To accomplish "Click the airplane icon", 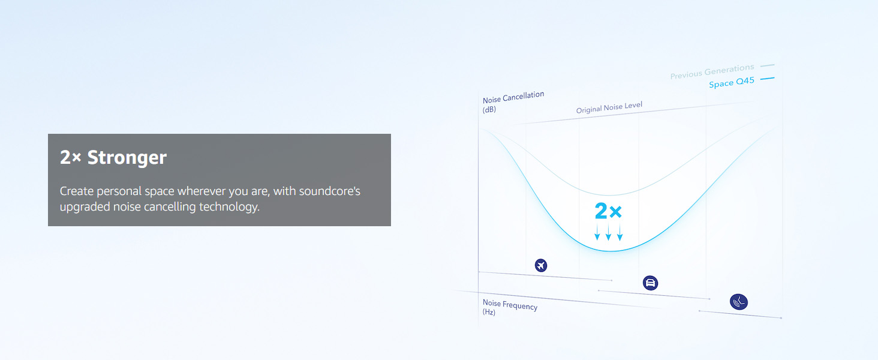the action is point(541,265).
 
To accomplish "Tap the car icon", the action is point(650,283).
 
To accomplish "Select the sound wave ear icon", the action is point(739,302).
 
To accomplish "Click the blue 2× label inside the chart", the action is point(608,211).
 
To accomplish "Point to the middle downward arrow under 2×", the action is point(608,232).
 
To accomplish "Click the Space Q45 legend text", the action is point(732,82).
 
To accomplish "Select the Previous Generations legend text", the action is point(712,71).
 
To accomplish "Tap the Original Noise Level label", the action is point(609,107).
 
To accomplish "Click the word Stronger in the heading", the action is point(127,158).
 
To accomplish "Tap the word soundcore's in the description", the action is point(330,191).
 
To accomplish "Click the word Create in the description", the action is point(77,191).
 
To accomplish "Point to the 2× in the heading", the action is point(71,157).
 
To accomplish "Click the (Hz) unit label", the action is point(489,312).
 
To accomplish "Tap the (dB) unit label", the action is point(489,110).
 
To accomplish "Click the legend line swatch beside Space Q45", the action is point(768,79).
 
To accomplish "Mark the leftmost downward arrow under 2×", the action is point(597,232).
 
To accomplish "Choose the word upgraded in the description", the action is point(85,206).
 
